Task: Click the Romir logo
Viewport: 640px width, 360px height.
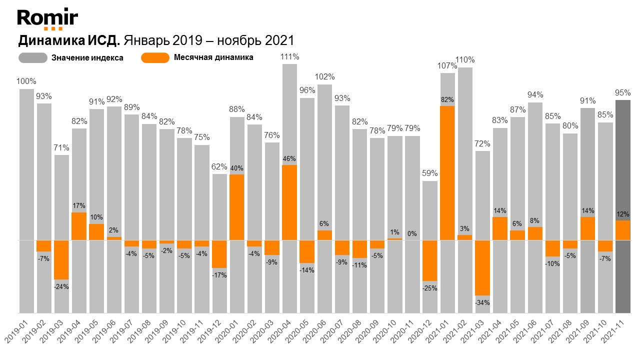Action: click(47, 19)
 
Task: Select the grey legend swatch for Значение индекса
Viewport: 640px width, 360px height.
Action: click(33, 57)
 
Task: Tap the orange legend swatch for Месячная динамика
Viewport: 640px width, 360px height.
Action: click(155, 57)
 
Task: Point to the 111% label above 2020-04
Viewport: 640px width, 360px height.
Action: click(290, 56)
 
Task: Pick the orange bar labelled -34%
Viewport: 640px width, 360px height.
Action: click(482, 267)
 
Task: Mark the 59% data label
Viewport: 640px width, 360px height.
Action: click(430, 173)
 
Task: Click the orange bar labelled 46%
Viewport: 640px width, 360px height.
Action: click(290, 202)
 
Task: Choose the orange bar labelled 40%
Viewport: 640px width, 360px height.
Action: click(237, 207)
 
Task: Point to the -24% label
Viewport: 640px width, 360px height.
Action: click(62, 286)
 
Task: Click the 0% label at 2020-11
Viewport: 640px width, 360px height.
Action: click(412, 233)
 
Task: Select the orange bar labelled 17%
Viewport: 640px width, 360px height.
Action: click(79, 226)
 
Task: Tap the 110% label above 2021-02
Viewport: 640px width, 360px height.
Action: click(465, 60)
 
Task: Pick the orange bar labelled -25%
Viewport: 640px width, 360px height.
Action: click(430, 260)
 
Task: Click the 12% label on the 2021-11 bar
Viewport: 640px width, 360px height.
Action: click(622, 214)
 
